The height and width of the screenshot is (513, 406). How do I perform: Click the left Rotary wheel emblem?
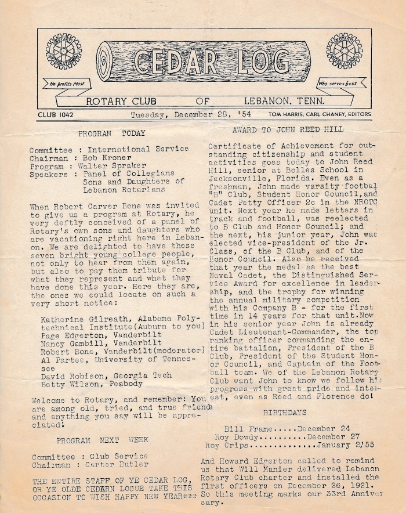pyautogui.click(x=64, y=51)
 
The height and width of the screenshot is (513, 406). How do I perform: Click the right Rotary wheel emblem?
pyautogui.click(x=344, y=51)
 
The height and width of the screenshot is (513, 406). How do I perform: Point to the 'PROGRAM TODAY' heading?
pyautogui.click(x=112, y=133)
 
